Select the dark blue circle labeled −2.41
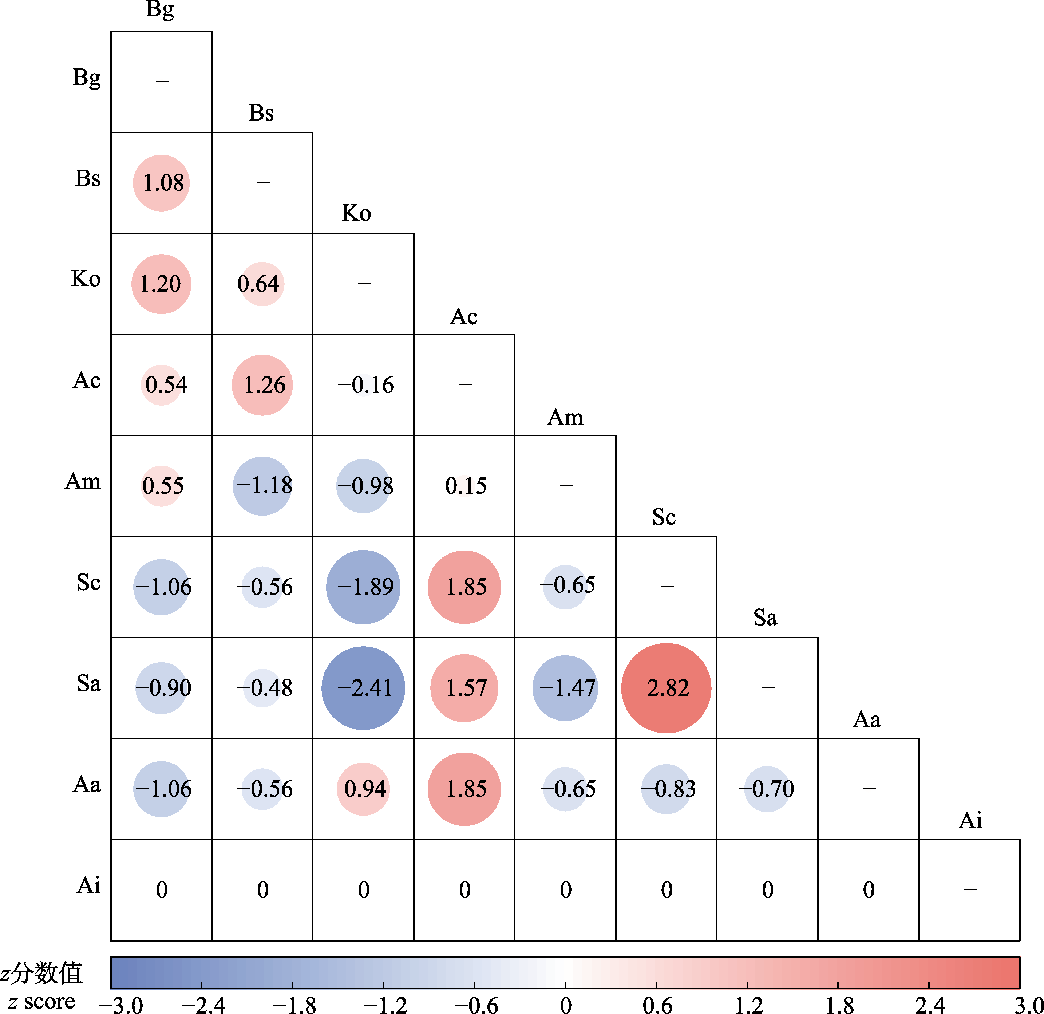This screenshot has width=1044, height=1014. pos(363,688)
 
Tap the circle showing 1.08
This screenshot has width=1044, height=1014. pos(161,183)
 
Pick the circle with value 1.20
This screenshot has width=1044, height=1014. pos(161,284)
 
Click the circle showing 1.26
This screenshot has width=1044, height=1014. pos(262,385)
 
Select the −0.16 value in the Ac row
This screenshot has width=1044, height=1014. pos(365,385)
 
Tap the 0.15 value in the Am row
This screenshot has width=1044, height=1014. pos(466,485)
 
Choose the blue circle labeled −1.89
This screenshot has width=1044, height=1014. pos(363,587)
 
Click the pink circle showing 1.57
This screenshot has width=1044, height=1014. pos(464,688)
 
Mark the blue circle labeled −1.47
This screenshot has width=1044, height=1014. pos(565,688)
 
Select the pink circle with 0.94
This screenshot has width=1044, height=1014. pos(363,789)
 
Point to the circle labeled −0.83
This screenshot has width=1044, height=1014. pos(667,789)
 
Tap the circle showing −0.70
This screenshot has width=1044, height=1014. pos(767,789)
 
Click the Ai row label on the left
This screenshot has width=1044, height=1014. pos(88,885)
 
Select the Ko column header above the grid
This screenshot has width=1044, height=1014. pos(356,213)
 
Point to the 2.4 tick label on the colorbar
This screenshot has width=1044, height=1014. pos(929,1005)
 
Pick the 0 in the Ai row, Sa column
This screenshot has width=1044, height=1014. pos(768,890)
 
